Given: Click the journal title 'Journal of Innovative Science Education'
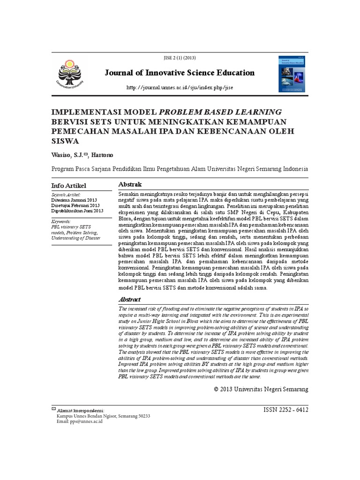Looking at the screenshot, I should coord(179,73).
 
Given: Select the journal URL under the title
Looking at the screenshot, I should coord(180,88).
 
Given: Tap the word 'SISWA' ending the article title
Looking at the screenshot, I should coord(65,140).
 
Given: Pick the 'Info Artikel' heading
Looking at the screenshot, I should coord(68,186).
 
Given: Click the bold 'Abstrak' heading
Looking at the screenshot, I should coord(130,185).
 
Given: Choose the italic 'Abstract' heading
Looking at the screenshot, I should coord(130,299).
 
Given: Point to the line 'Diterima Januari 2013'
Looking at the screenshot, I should coord(74,200).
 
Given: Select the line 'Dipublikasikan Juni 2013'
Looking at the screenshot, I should coord(77,211).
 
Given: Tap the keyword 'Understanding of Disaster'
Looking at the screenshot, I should coord(75,238).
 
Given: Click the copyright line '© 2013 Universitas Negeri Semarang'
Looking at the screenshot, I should coord(261,389).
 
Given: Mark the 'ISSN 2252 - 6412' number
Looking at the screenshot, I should coord(286,409).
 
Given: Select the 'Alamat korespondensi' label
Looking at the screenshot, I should coord(80,410).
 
